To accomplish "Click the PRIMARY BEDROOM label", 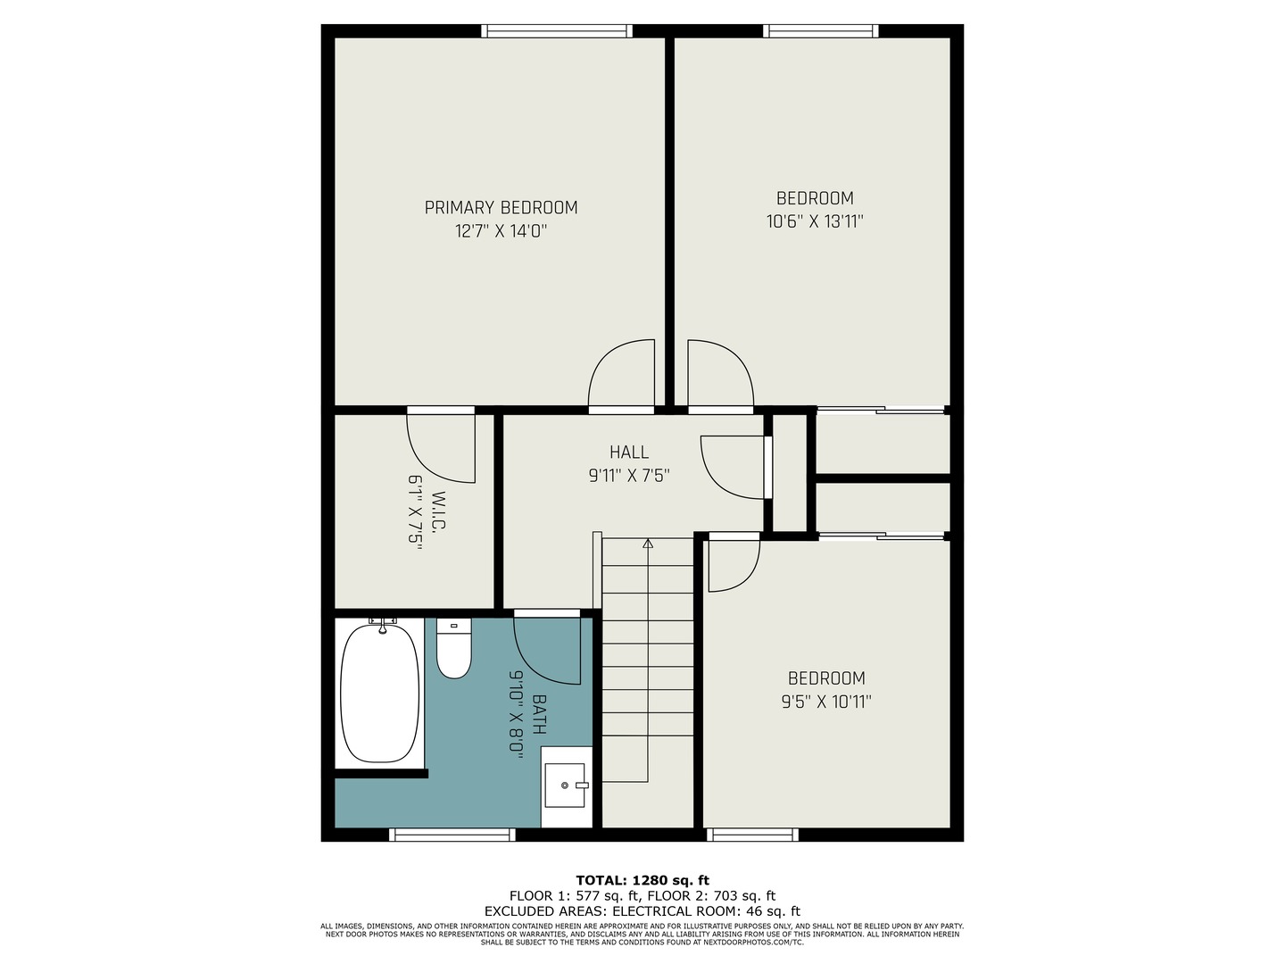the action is tap(501, 208).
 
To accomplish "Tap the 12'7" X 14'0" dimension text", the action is tap(501, 231).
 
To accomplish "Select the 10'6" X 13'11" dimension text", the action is tap(815, 222).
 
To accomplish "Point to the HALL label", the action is tap(629, 452).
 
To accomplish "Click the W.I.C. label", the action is tap(440, 511).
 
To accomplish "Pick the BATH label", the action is tap(539, 714).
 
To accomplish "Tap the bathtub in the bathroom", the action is tap(380, 693).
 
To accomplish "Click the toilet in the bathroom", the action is tap(453, 649).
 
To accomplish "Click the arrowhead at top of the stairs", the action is tap(648, 544).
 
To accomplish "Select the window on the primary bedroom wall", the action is tap(557, 31).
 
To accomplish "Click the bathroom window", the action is tap(452, 835).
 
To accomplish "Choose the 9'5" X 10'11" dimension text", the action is tap(826, 702).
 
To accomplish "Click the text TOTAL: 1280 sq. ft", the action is tap(642, 880).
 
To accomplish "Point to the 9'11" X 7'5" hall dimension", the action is tap(629, 476).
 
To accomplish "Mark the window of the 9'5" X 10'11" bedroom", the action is tap(752, 835).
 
